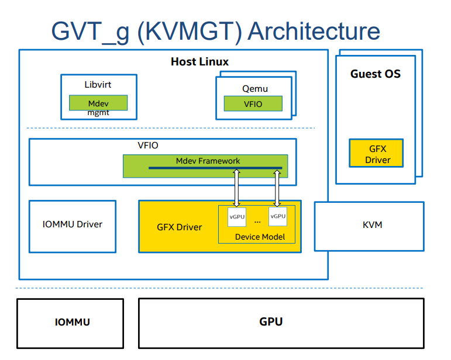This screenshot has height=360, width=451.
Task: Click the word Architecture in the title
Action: pyautogui.click(x=314, y=31)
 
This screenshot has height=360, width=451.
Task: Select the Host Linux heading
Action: pyautogui.click(x=199, y=61)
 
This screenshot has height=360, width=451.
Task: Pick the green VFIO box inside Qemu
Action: pyautogui.click(x=253, y=103)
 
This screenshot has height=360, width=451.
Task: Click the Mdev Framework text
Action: pyautogui.click(x=208, y=161)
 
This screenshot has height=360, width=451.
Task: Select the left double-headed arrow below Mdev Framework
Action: pyautogui.click(x=236, y=188)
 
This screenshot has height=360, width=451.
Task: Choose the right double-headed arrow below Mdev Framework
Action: pyautogui.click(x=276, y=188)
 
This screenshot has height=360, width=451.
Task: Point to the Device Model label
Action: pyautogui.click(x=260, y=237)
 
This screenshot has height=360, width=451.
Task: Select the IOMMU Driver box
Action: pyautogui.click(x=73, y=226)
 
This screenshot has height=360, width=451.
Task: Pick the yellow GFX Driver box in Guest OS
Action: pyautogui.click(x=377, y=154)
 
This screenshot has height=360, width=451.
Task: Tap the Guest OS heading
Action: pyautogui.click(x=376, y=74)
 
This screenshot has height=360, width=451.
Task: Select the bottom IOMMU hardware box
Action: pyautogui.click(x=70, y=322)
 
